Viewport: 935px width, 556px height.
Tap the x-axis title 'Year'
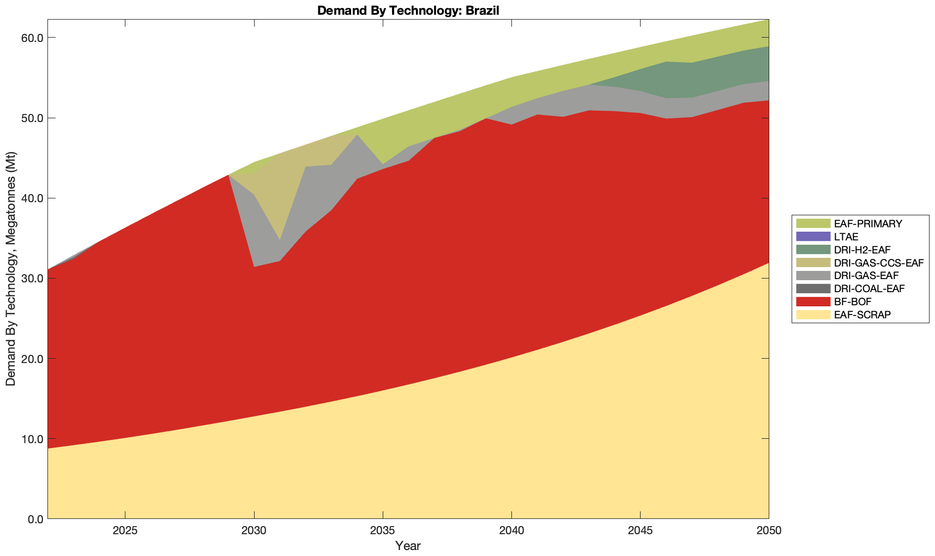click(x=408, y=546)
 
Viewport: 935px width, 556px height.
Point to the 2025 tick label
click(x=125, y=531)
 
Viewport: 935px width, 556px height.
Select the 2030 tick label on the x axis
click(x=254, y=531)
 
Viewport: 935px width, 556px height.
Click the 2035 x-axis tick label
click(x=383, y=531)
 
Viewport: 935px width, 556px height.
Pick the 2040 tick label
click(x=511, y=531)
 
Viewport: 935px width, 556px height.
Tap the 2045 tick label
click(x=640, y=531)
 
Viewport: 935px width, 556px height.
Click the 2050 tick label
click(x=769, y=531)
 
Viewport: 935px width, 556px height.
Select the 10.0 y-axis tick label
click(x=34, y=439)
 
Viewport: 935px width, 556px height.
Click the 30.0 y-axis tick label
click(x=34, y=279)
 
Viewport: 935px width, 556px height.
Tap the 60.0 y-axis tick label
click(x=34, y=38)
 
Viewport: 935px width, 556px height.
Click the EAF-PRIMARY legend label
click(x=868, y=223)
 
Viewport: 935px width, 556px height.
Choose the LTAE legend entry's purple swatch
click(x=813, y=237)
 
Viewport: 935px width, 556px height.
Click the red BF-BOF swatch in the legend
click(x=813, y=301)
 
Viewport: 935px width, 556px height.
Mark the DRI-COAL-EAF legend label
click(x=869, y=288)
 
